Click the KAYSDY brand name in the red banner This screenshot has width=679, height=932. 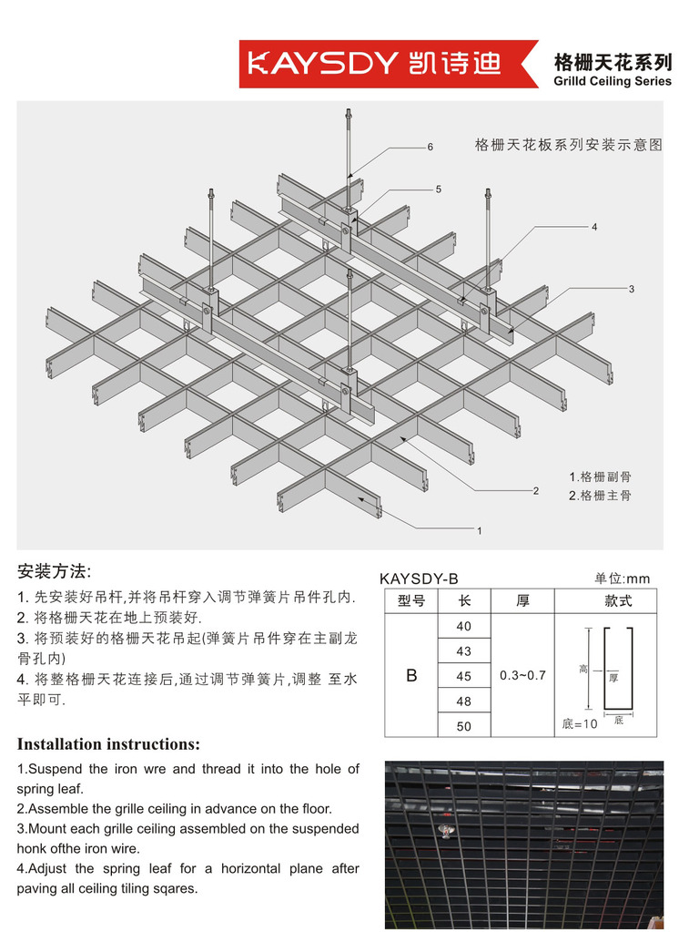coord(323,63)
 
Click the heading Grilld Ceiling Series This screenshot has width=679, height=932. coord(612,81)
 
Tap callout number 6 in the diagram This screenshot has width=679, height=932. coord(430,147)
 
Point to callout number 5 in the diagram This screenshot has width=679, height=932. coord(438,189)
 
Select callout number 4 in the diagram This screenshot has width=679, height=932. coord(594,225)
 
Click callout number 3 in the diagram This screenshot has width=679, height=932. coord(631,289)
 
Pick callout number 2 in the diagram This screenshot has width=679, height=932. coord(536,490)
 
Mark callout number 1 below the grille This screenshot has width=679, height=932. coord(480,528)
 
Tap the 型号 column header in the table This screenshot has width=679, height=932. coord(411,601)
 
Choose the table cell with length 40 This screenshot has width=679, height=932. coord(464,626)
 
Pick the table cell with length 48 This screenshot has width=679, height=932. coord(464,701)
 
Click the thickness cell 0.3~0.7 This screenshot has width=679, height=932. coord(522,675)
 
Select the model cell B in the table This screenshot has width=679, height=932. coord(411,675)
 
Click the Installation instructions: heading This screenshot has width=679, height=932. coord(108,743)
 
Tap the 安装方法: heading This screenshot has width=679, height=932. coord(54,572)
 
